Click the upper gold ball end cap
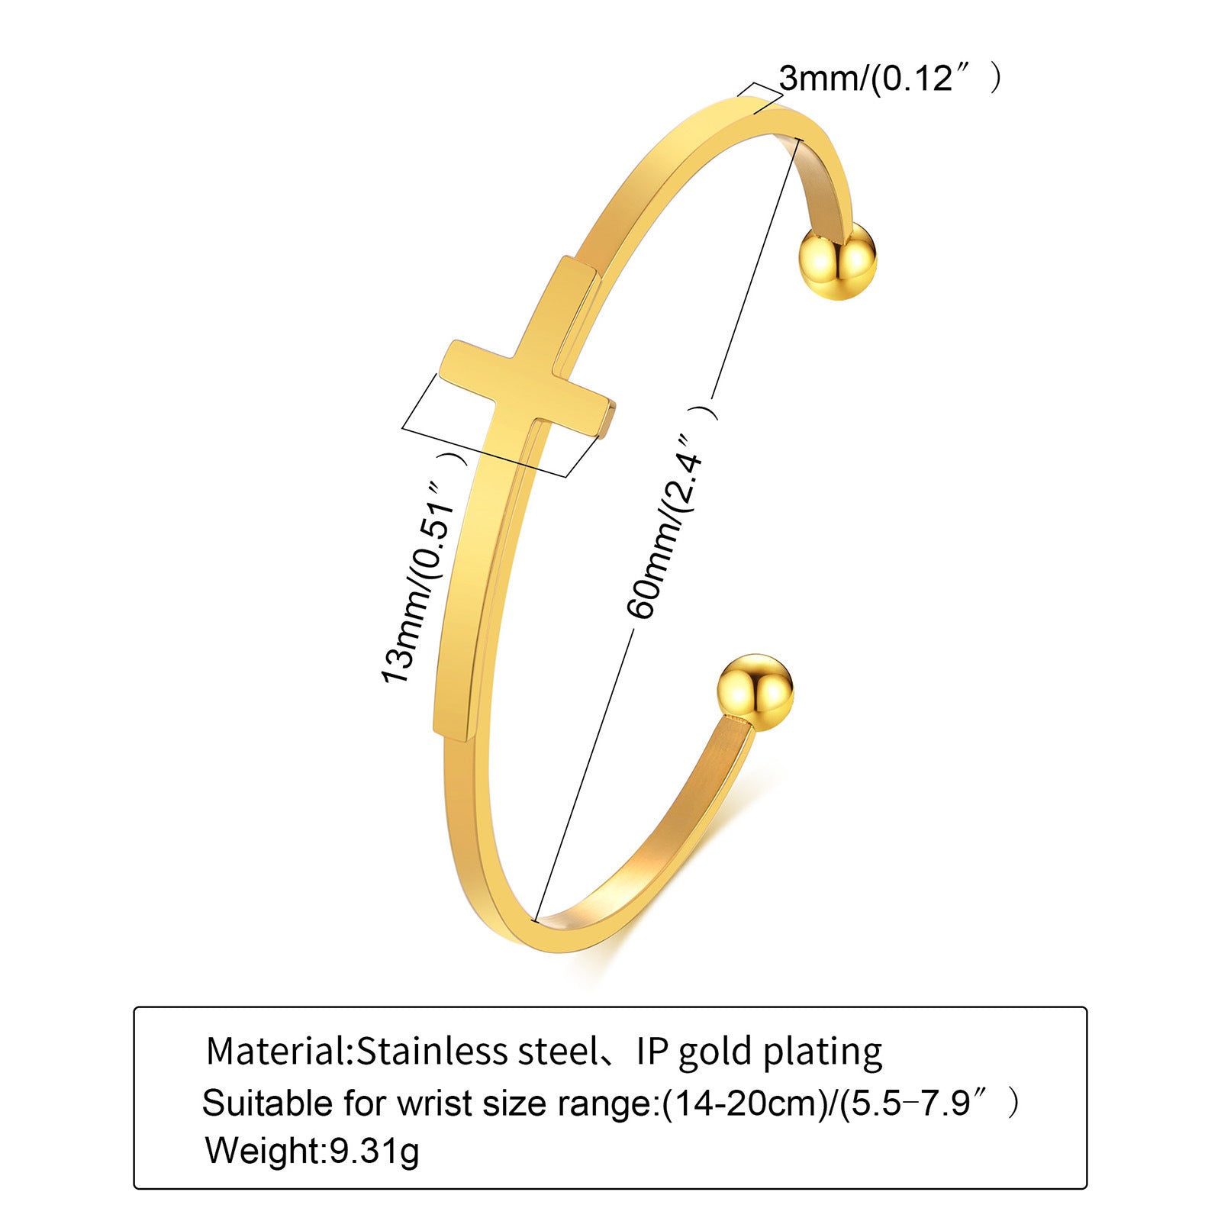837,260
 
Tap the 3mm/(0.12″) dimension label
888,78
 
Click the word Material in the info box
276,1052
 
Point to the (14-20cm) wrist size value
744,1103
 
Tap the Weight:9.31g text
312,1150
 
